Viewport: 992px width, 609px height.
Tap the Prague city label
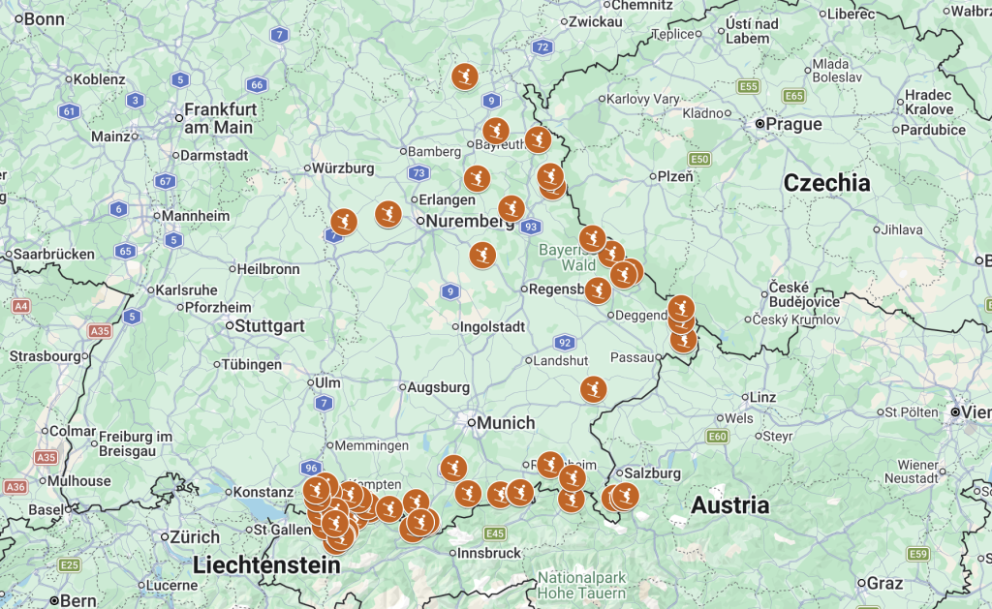[x=792, y=124]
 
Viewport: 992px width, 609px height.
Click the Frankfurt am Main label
[x=219, y=118]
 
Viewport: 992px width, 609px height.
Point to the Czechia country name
[x=826, y=183]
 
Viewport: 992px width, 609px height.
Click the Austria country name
[x=729, y=504]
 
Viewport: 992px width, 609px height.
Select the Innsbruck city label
[x=488, y=553]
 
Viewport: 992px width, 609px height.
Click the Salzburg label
[x=654, y=473]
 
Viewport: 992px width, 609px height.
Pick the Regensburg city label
[x=557, y=289]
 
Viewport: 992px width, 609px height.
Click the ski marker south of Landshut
[x=593, y=389]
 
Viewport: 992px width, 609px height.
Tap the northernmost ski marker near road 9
[x=465, y=76]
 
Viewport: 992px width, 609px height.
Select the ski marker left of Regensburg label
[x=482, y=255]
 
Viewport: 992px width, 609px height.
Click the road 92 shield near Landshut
[x=565, y=342]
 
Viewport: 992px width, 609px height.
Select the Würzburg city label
[x=343, y=167]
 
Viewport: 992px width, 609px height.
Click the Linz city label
[x=762, y=398]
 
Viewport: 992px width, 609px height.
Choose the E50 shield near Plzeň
[x=700, y=158]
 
